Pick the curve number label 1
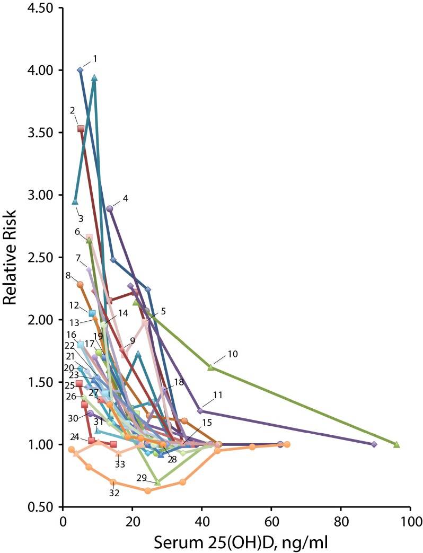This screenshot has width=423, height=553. click(x=94, y=58)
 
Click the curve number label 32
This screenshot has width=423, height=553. click(x=114, y=493)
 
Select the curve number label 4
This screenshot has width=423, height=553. click(x=125, y=198)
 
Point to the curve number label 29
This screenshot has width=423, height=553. click(x=142, y=478)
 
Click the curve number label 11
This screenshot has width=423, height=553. click(x=217, y=395)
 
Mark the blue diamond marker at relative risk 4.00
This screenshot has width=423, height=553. click(x=80, y=70)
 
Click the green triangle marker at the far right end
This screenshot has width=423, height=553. click(x=396, y=444)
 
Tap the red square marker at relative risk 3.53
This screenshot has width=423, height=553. click(x=81, y=128)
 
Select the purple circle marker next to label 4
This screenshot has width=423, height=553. click(x=110, y=208)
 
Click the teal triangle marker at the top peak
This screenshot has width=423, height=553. click(x=94, y=78)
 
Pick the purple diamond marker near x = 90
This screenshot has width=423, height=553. click(x=374, y=444)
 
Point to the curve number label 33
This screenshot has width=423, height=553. click(x=120, y=463)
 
